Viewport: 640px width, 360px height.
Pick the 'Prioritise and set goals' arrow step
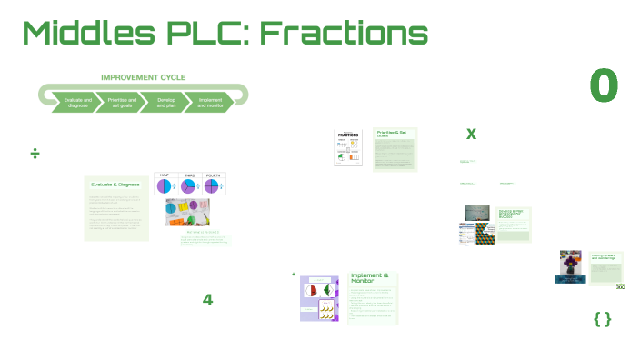tap(122, 102)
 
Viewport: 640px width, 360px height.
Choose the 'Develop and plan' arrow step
tap(166, 102)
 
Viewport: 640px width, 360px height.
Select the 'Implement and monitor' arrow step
tap(209, 102)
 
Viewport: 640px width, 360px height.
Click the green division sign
tap(35, 154)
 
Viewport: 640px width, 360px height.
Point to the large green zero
tap(604, 85)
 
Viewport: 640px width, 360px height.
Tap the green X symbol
tap(471, 135)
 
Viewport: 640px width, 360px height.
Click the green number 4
tap(207, 300)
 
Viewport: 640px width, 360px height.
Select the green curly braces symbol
tap(602, 318)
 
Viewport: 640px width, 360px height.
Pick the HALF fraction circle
tap(165, 185)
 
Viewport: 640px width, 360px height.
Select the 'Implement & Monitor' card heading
tap(370, 277)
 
